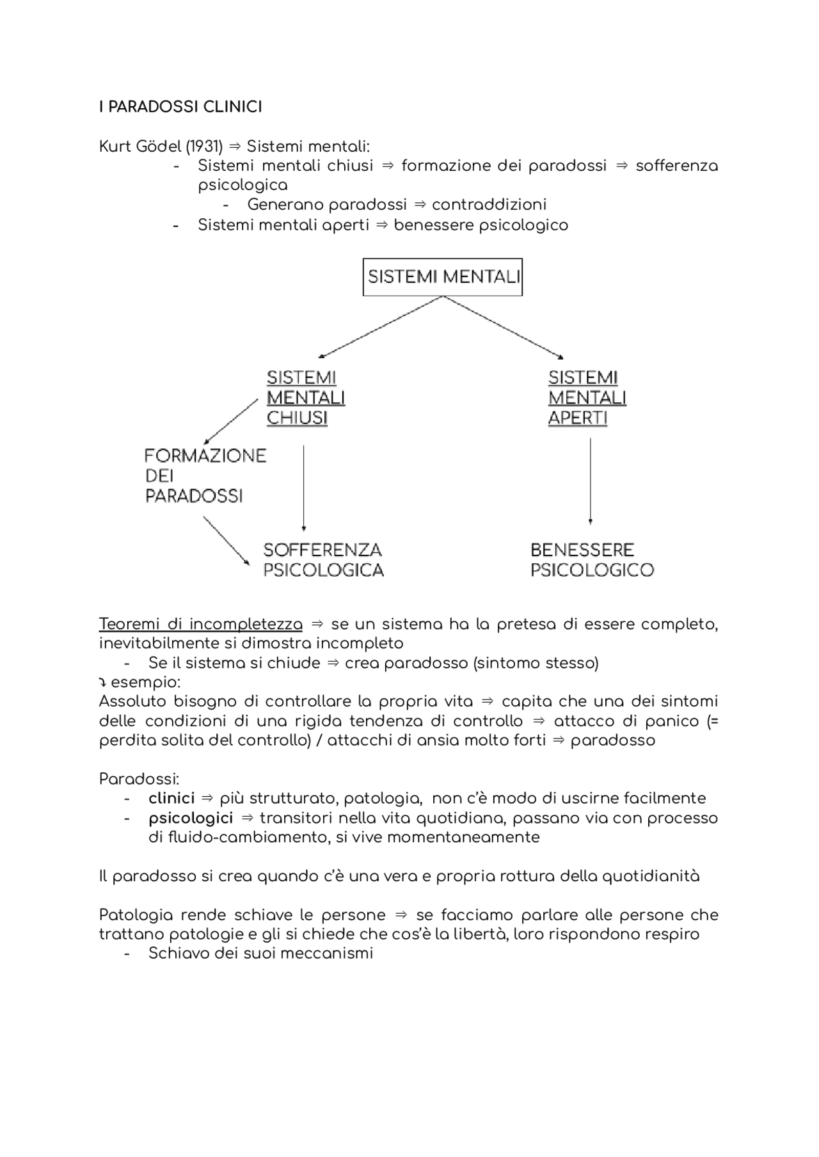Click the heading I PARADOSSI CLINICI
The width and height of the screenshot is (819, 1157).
click(180, 107)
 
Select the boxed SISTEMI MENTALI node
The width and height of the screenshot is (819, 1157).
click(443, 277)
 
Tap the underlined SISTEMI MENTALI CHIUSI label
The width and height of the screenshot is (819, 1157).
click(306, 397)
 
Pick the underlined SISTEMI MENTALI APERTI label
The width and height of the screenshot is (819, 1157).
click(587, 397)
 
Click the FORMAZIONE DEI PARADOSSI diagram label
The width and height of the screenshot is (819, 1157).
click(205, 475)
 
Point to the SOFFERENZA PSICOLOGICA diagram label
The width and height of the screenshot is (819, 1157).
click(323, 560)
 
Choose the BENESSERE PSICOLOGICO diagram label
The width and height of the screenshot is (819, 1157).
click(592, 560)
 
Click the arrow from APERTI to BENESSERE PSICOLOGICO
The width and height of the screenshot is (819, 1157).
click(590, 480)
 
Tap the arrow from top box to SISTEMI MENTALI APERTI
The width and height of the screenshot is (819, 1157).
click(504, 327)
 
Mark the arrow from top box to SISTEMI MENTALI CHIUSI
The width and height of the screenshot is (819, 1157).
click(381, 327)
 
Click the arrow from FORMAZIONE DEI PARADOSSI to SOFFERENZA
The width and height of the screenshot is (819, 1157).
click(226, 541)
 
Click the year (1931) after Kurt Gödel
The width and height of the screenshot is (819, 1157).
click(204, 147)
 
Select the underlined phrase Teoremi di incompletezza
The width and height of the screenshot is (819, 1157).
click(200, 624)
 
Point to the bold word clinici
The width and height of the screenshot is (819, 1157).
click(171, 799)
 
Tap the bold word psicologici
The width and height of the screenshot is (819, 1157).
click(191, 818)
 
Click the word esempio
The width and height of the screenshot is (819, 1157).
click(145, 682)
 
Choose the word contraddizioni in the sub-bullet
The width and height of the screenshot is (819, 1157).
click(489, 205)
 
